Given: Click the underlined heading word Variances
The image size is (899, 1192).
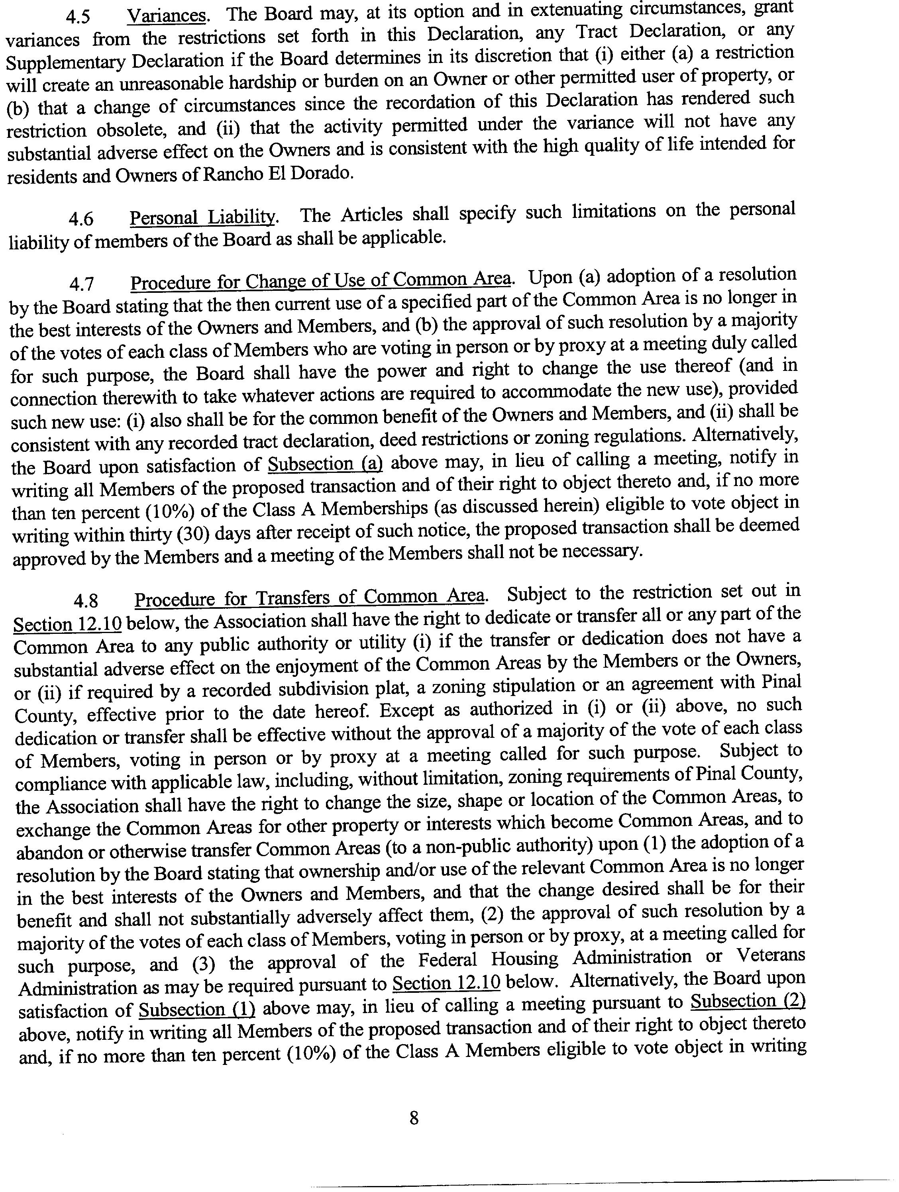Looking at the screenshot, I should click(167, 16).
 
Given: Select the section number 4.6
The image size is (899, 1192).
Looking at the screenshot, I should click(81, 219).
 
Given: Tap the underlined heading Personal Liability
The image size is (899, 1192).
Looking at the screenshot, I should click(204, 217).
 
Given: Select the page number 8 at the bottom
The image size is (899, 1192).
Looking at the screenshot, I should click(414, 1119).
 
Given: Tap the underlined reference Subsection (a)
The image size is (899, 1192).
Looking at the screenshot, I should click(325, 464).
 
